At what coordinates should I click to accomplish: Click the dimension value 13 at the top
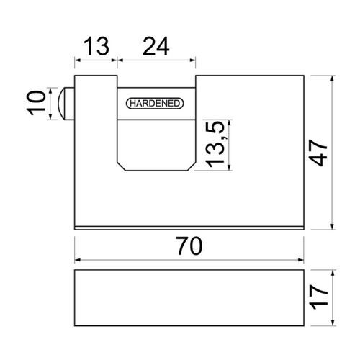96,46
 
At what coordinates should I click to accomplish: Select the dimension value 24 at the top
156,46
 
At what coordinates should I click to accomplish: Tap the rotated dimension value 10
36,103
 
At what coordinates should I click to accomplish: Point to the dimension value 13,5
215,144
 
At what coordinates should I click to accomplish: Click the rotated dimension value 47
318,153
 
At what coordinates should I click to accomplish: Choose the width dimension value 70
189,246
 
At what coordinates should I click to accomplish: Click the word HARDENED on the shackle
155,104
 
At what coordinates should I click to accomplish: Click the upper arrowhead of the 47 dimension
333,78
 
